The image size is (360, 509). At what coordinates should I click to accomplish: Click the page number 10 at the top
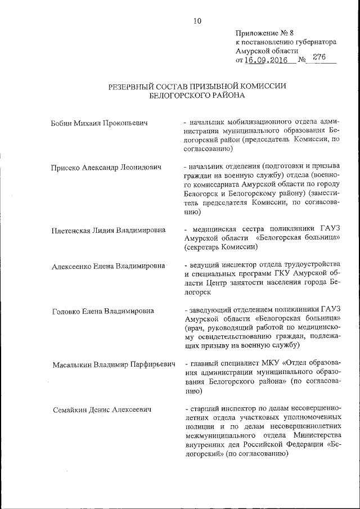pos(197,21)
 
